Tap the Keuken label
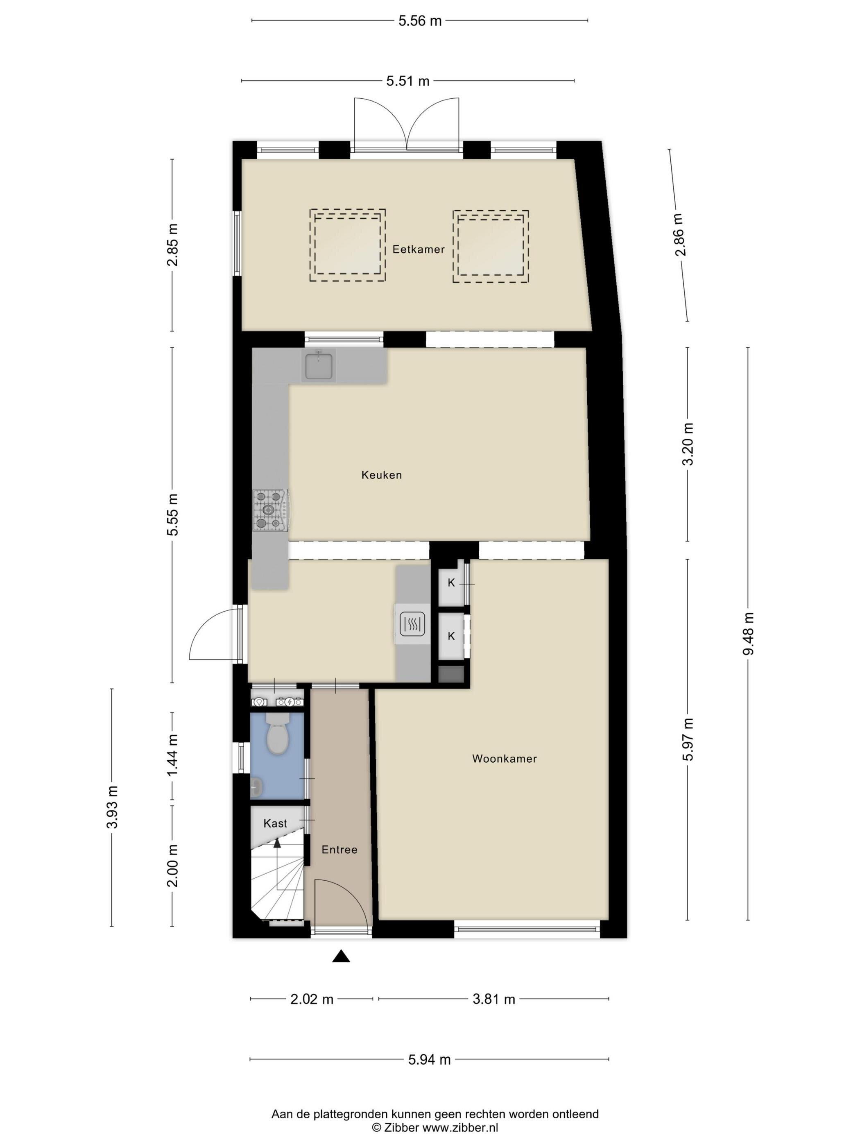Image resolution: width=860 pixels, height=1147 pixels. tap(382, 474)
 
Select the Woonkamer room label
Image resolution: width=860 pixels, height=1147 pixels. tap(505, 759)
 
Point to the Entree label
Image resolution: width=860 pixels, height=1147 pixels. tap(339, 849)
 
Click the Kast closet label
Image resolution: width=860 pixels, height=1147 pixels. tap(275, 823)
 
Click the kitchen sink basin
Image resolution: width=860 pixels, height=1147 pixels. tap(319, 365)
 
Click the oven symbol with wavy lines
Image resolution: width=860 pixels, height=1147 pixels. tap(413, 624)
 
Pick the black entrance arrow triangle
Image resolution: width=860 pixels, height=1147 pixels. tap(341, 956)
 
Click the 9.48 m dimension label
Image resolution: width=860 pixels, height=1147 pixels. tap(748, 634)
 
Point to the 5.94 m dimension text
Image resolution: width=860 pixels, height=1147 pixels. tap(429, 1059)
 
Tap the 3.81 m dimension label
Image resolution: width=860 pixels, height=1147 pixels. tap(493, 999)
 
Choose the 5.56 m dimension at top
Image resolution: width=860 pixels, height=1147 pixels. tap(420, 21)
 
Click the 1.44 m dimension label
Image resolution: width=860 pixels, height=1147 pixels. tap(173, 755)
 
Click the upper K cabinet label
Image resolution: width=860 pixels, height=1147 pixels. tap(451, 583)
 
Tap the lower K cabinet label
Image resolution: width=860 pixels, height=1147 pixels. tap(451, 636)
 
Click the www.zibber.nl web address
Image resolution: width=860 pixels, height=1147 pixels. tap(460, 1127)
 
